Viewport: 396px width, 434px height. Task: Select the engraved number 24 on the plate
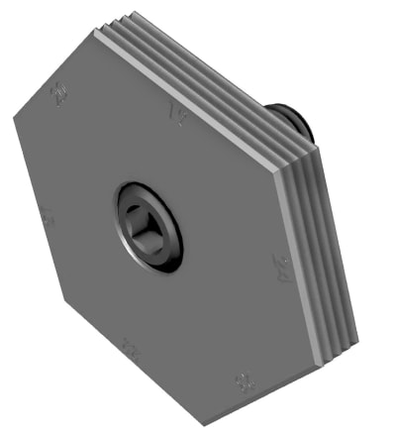coord(282,265)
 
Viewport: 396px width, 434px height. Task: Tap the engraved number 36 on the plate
coord(241,380)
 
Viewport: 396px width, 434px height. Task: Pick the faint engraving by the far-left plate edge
coord(46,216)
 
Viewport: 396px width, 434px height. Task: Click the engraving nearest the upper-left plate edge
coord(61,94)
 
